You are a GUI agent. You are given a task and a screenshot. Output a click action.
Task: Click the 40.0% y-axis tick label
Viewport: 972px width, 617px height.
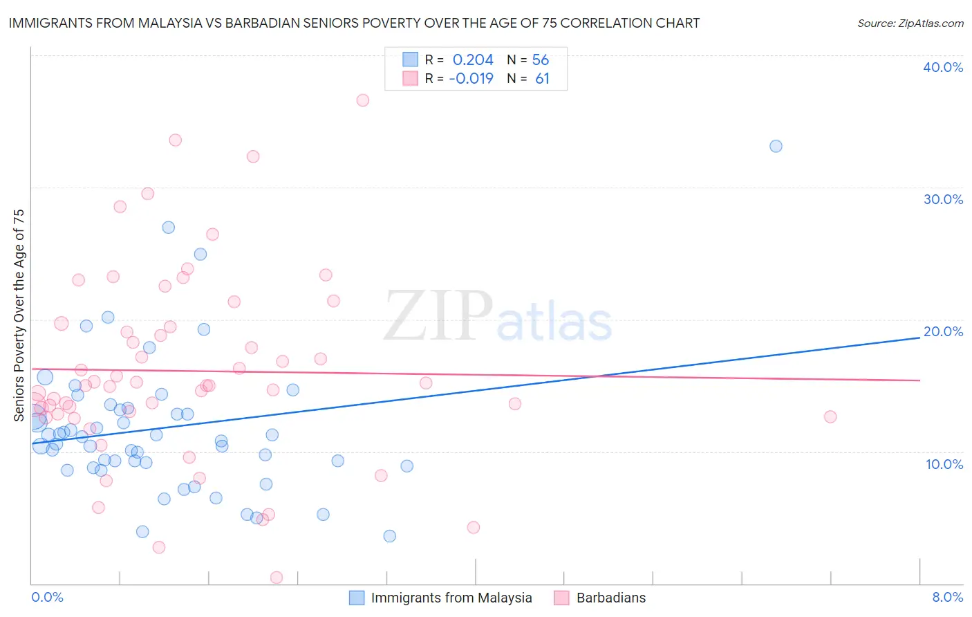942,67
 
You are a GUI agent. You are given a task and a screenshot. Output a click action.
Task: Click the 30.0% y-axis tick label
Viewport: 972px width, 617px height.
942,199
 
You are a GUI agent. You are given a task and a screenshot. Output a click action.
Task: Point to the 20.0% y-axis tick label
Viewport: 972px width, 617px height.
942,331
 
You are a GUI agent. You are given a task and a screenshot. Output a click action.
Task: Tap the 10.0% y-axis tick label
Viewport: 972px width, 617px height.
944,464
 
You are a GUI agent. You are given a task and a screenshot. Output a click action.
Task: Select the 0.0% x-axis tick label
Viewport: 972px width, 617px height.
47,597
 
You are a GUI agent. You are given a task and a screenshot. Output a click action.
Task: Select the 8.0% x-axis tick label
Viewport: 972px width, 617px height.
947,597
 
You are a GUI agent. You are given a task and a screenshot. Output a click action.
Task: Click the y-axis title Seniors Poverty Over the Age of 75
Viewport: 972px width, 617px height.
19,315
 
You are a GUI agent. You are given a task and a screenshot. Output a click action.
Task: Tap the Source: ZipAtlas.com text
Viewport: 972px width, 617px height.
910,23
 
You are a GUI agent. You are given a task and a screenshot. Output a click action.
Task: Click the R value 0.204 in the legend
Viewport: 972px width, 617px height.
473,60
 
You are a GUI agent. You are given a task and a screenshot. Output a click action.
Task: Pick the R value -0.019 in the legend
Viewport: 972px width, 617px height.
471,79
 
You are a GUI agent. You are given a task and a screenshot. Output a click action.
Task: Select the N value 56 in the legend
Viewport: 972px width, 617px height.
540,60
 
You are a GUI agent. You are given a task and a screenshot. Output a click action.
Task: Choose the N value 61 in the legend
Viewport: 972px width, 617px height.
542,79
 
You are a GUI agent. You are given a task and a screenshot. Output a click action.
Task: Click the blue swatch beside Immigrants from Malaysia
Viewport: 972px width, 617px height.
357,598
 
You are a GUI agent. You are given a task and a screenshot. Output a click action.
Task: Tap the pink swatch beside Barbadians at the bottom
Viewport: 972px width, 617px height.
561,598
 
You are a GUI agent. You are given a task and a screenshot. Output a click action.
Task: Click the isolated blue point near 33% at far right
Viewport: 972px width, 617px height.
776,146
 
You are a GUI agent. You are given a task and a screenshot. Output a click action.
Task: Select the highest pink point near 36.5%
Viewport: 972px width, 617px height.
362,100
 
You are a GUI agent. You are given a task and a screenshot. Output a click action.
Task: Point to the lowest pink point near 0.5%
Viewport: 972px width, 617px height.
277,577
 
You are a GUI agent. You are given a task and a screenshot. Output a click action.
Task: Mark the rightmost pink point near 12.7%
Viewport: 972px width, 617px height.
830,416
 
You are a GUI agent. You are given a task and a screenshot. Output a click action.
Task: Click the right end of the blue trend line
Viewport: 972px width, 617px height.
919,338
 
